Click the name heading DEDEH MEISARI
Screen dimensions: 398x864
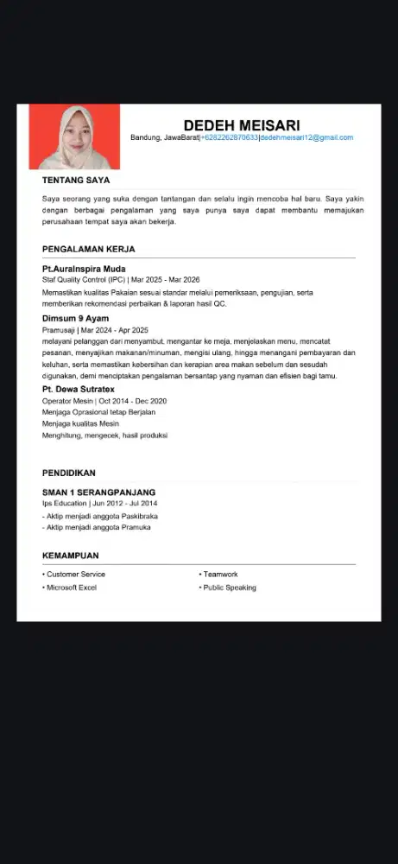pyautogui.click(x=241, y=125)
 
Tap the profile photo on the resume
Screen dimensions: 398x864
pyautogui.click(x=74, y=137)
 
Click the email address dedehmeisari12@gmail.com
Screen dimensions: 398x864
pyautogui.click(x=306, y=138)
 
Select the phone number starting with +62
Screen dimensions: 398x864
pyautogui.click(x=229, y=138)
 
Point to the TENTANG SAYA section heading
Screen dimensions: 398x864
pyautogui.click(x=76, y=181)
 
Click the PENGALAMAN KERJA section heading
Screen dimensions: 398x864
pyautogui.click(x=88, y=250)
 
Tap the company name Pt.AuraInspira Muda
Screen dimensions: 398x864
pyautogui.click(x=84, y=269)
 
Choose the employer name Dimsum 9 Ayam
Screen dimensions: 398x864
pyautogui.click(x=75, y=319)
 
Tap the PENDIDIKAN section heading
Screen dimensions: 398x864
pyautogui.click(x=68, y=473)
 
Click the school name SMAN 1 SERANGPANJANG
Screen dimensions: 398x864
pyautogui.click(x=98, y=492)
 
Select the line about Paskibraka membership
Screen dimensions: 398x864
pyautogui.click(x=100, y=516)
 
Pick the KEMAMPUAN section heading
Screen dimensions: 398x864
pyautogui.click(x=70, y=556)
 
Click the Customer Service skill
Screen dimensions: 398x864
pyautogui.click(x=75, y=575)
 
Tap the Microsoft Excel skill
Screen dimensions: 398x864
pyautogui.click(x=71, y=588)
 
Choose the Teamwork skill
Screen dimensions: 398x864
pyautogui.click(x=220, y=575)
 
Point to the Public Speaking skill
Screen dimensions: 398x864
pyautogui.click(x=229, y=588)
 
